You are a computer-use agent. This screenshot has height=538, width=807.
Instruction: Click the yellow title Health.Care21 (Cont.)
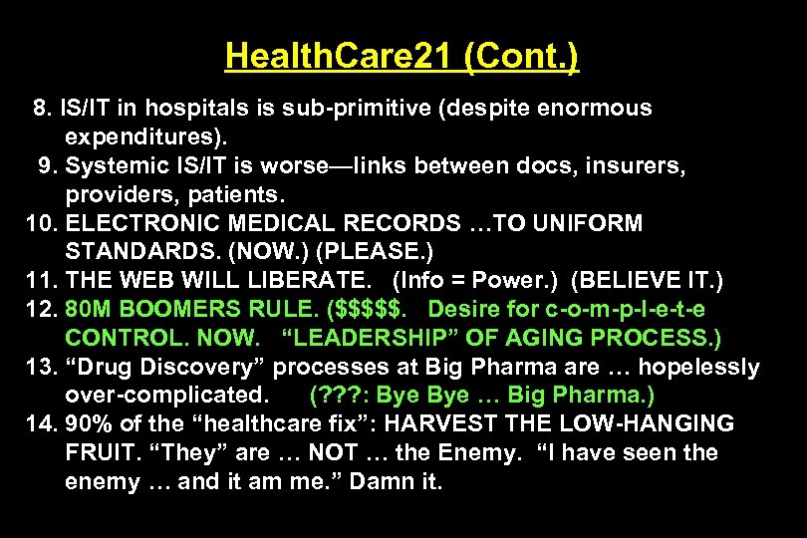[402, 55]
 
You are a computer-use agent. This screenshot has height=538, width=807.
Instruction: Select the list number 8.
[41, 108]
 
